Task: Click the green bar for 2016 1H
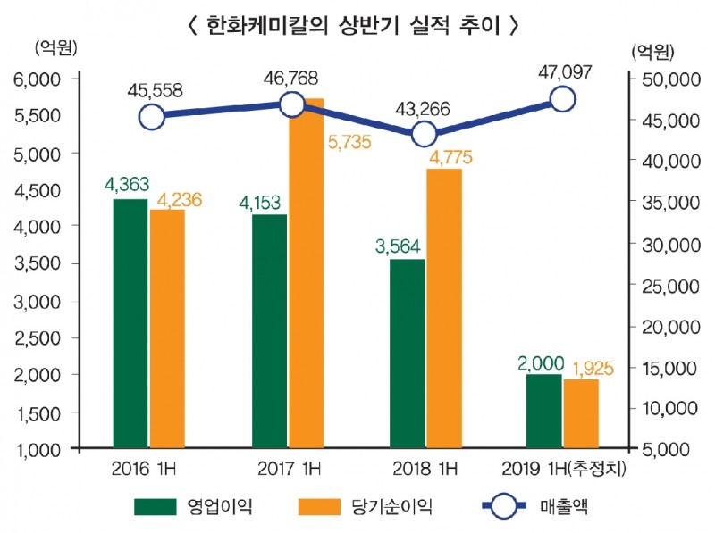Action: (x=130, y=323)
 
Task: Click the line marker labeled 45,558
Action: (x=153, y=117)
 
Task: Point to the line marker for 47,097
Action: (x=562, y=100)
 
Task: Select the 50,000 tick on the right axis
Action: (x=668, y=79)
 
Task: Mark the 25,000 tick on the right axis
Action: (x=668, y=285)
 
